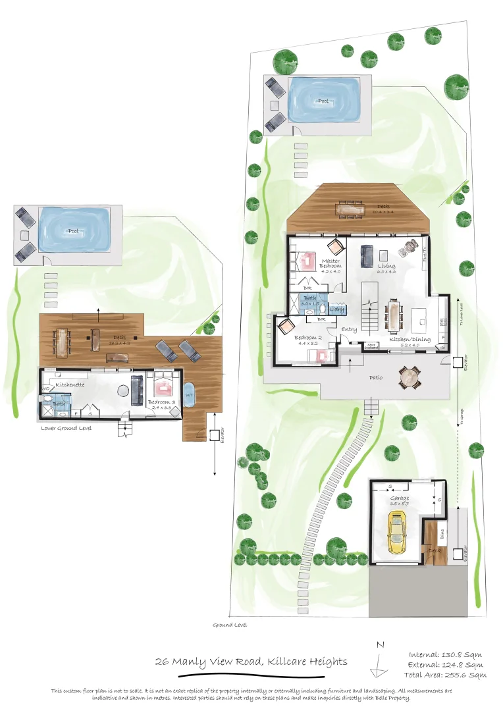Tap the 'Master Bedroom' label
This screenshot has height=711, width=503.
click(331, 265)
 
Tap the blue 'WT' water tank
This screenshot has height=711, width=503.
click(190, 395)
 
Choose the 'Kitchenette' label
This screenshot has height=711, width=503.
click(70, 384)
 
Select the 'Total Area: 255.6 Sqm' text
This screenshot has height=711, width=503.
click(446, 675)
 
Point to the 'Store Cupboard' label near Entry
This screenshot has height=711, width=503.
click(372, 345)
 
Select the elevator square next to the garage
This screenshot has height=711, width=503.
click(458, 555)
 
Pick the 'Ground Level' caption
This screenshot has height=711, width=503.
click(229, 625)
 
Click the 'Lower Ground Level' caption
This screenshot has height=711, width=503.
click(66, 428)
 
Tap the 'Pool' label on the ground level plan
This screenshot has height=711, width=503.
click(323, 101)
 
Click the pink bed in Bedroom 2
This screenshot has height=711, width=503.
click(322, 355)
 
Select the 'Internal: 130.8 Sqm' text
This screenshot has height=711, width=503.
click(445, 654)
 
